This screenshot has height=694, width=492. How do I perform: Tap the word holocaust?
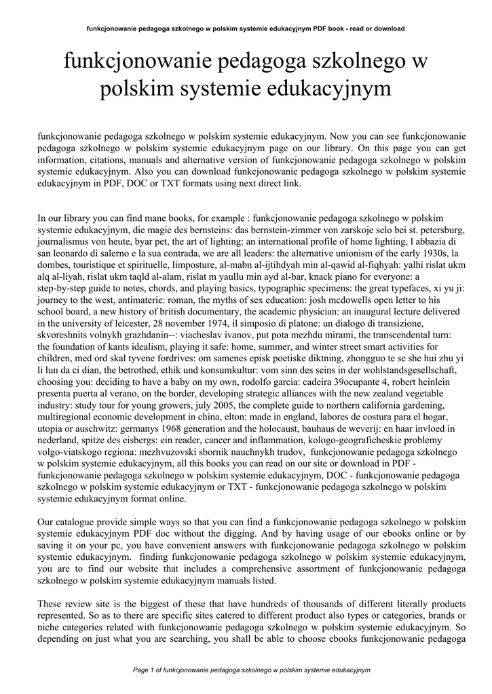tap(290, 429)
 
